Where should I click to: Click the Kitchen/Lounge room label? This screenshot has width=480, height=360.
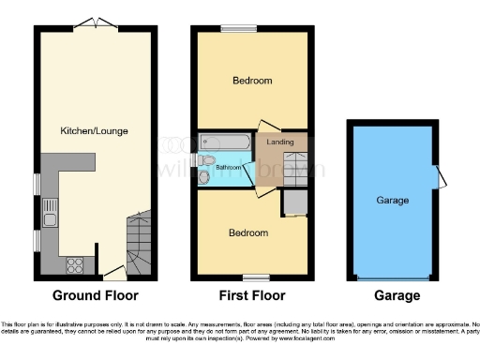[x=87, y=129]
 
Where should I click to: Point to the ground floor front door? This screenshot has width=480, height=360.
[x=115, y=273]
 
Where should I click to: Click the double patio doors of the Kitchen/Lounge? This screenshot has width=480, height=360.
[x=97, y=25]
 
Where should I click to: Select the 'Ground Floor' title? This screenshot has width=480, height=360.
[x=95, y=295]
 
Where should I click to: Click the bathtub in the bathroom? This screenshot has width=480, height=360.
[x=225, y=142]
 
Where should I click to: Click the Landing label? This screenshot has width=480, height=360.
[x=279, y=142]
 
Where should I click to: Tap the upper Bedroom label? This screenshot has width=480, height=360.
[x=252, y=82]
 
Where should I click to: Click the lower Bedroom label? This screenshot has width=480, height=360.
[x=248, y=232]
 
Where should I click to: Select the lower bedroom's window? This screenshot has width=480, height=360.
[x=251, y=277]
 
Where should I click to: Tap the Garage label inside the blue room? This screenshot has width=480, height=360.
[x=393, y=200]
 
